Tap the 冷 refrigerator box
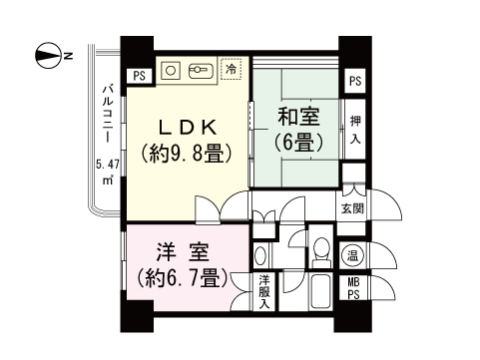coord(232,70)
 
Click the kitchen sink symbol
coord(171,70)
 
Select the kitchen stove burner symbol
coord(198,70)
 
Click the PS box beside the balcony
coord(138,74)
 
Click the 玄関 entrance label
coord(352,208)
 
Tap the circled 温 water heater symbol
coord(353,255)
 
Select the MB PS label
coord(353,287)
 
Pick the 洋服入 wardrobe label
coord(263,290)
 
